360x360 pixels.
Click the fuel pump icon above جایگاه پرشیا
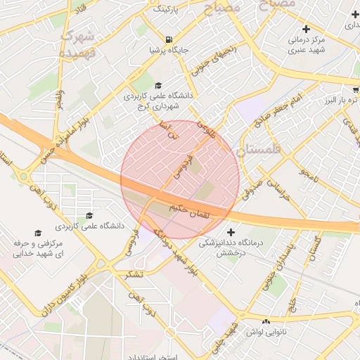[x=167, y=39]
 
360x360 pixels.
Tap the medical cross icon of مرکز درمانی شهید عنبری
[x=305, y=29]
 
